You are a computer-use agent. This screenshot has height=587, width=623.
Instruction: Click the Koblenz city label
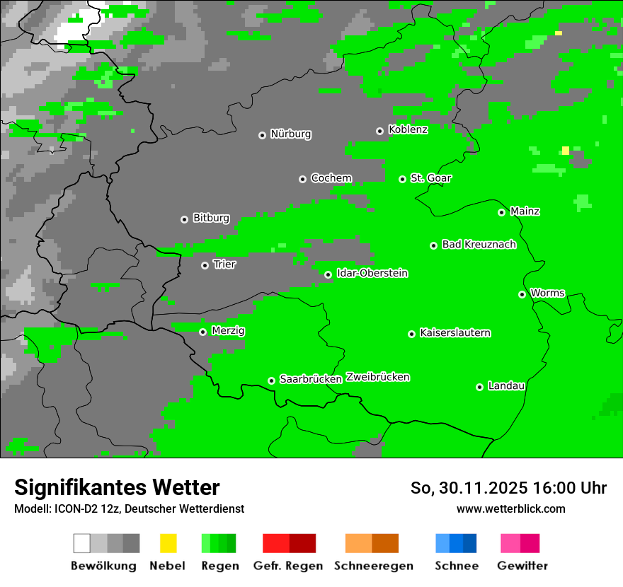coord(408,129)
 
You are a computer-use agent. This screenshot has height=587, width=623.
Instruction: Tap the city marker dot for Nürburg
coord(262,135)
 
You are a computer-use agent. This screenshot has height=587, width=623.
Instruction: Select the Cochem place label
coord(331,178)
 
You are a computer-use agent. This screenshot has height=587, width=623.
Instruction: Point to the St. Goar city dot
coord(402,180)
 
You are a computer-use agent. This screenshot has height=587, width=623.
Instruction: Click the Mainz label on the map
coord(525,211)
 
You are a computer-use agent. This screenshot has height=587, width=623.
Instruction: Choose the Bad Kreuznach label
coord(479,245)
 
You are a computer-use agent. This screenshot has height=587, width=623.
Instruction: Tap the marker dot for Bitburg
coord(184,219)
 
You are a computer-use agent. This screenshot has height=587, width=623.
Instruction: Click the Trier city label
coord(224,265)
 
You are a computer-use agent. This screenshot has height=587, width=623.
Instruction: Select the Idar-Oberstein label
coord(372,274)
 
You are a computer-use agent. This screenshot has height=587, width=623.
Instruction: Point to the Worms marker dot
coord(522,294)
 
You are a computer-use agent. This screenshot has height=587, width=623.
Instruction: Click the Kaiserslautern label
coord(455,333)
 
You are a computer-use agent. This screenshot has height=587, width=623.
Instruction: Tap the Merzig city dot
coord(202,332)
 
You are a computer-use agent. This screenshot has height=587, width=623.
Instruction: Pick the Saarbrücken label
coord(311,380)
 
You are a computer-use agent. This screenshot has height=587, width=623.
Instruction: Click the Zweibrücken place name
coord(378,378)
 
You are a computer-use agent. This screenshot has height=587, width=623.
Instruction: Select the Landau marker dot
coord(479,387)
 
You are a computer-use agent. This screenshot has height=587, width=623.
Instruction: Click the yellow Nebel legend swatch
coord(168,543)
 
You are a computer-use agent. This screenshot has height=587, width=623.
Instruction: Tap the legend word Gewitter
coord(522,566)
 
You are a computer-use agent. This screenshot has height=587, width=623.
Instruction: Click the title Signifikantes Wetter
coord(117,488)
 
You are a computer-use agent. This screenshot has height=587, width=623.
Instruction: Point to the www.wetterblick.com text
coord(510,509)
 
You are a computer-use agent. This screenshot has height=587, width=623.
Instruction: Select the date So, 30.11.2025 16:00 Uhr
coord(508,488)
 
